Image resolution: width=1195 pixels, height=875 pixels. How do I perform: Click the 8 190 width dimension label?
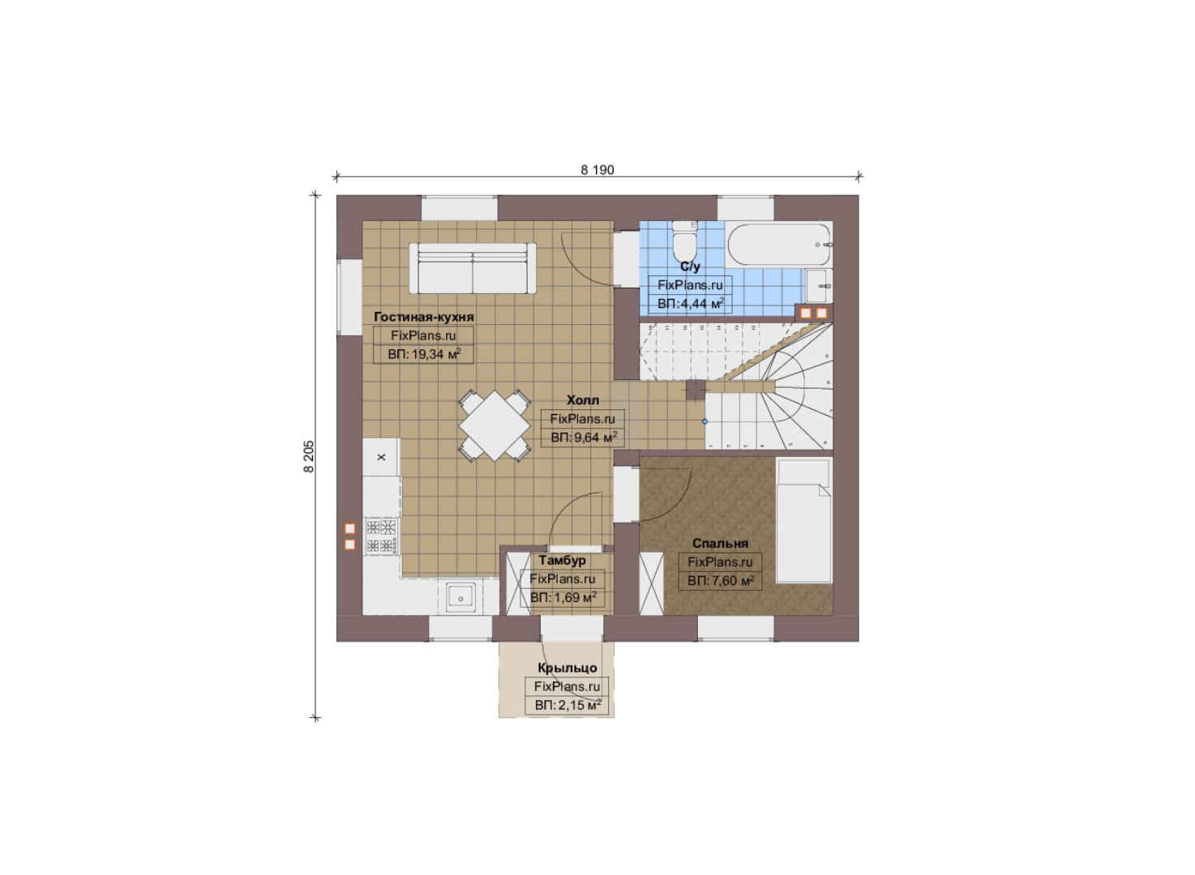pos(597,170)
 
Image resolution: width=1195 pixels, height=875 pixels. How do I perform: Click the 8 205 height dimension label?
pos(309,456)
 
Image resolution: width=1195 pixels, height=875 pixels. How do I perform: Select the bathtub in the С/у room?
pos(779,244)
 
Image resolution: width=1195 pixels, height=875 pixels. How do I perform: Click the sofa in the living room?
pos(472,268)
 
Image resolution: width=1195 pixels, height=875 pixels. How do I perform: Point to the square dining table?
pos(495,425)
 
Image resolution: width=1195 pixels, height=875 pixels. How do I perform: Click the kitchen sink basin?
pos(460,598)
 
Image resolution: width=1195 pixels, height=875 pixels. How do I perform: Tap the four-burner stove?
pos(382,536)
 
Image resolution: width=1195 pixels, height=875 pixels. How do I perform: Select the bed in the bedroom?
pos(803,521)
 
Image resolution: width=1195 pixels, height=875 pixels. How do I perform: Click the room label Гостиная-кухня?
pos(424,318)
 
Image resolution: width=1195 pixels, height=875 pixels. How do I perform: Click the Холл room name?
pos(583,400)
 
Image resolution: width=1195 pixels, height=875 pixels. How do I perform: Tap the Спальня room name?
pos(720,544)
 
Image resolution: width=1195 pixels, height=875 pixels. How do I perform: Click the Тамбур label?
pos(563,561)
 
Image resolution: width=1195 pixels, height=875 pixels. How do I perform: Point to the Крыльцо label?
pos(567,668)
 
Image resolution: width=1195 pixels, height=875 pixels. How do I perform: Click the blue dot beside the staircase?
pos(705,421)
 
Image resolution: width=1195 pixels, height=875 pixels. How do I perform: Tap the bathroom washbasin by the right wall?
pos(817,285)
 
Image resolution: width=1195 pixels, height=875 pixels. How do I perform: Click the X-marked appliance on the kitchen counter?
pos(381,457)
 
